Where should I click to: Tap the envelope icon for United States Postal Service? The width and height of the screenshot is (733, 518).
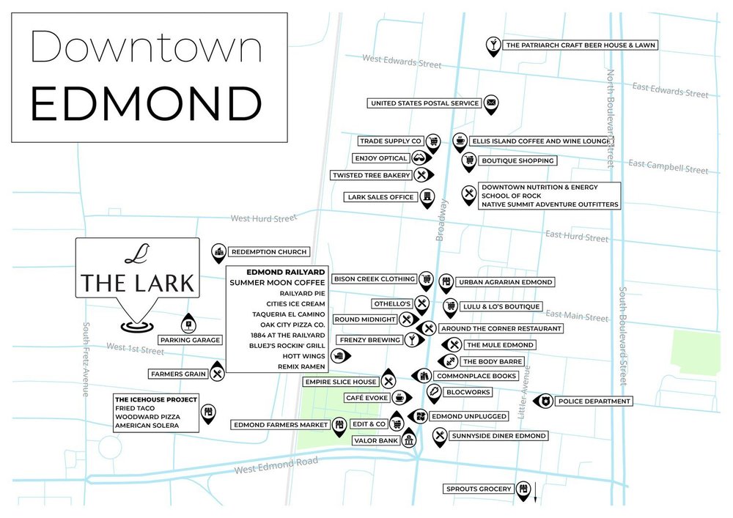pos(491,103)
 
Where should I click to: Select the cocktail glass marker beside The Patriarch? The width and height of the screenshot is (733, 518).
pos(493,44)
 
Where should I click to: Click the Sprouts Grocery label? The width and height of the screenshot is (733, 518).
pos(478,489)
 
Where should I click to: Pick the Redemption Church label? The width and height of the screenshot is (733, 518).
pos(268,252)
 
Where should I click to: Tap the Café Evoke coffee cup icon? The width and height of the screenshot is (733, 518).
pos(398,396)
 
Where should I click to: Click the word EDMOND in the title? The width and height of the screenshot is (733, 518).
pos(146,104)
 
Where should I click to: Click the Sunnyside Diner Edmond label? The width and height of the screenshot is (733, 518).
pos(499,436)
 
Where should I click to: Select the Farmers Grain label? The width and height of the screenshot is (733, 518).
pos(178,374)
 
